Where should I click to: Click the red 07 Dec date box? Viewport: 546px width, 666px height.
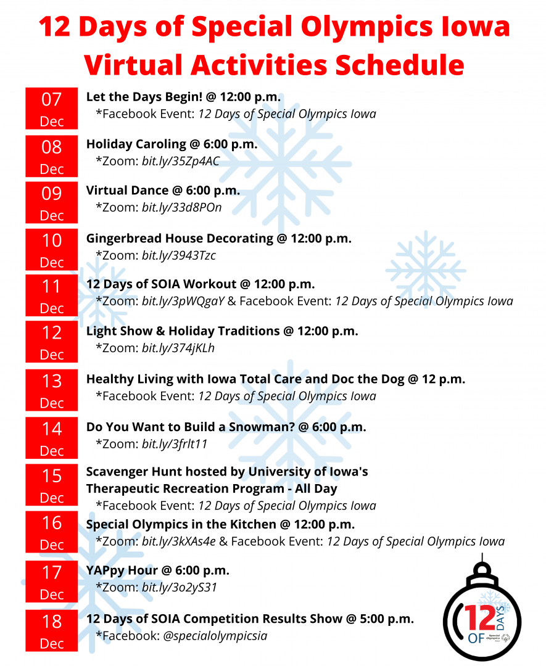(51, 109)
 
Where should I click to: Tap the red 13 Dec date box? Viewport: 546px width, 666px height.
(51, 390)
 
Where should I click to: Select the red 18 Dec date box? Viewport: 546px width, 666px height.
(51, 630)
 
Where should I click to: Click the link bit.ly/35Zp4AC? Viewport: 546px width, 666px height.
(181, 162)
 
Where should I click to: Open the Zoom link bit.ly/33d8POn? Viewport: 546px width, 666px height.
(181, 208)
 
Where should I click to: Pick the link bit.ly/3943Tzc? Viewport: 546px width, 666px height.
(178, 255)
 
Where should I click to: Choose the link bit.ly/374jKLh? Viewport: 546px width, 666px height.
(178, 348)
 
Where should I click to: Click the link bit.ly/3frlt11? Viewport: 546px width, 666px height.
(174, 444)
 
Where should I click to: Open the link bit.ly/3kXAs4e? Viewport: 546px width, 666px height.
(178, 541)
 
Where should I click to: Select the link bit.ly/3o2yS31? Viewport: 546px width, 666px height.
(180, 588)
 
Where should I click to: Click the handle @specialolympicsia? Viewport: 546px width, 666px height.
(215, 636)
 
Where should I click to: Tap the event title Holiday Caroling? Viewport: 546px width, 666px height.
(136, 144)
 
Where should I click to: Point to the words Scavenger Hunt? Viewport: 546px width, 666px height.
(134, 472)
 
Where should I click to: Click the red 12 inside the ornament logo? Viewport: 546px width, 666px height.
(479, 617)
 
